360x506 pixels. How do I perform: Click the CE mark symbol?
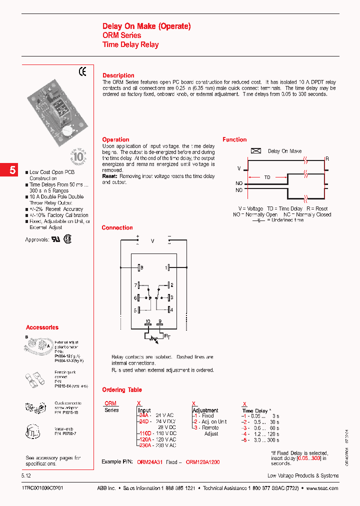point(82,71)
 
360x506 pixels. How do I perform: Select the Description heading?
point(118,75)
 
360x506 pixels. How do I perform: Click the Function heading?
point(234,140)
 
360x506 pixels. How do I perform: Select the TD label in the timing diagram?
point(267,177)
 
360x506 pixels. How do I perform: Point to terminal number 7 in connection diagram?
point(135,285)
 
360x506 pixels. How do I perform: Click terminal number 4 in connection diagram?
point(171,310)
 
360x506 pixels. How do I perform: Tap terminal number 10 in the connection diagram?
point(148,321)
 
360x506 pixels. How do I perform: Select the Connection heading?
point(117,227)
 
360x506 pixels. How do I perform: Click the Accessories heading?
point(42,327)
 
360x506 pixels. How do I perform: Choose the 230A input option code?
point(144,445)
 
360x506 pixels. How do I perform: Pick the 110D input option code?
point(144,433)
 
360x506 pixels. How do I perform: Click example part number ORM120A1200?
point(202,462)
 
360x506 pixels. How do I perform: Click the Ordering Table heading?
point(122,389)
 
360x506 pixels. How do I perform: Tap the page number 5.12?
point(27,475)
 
